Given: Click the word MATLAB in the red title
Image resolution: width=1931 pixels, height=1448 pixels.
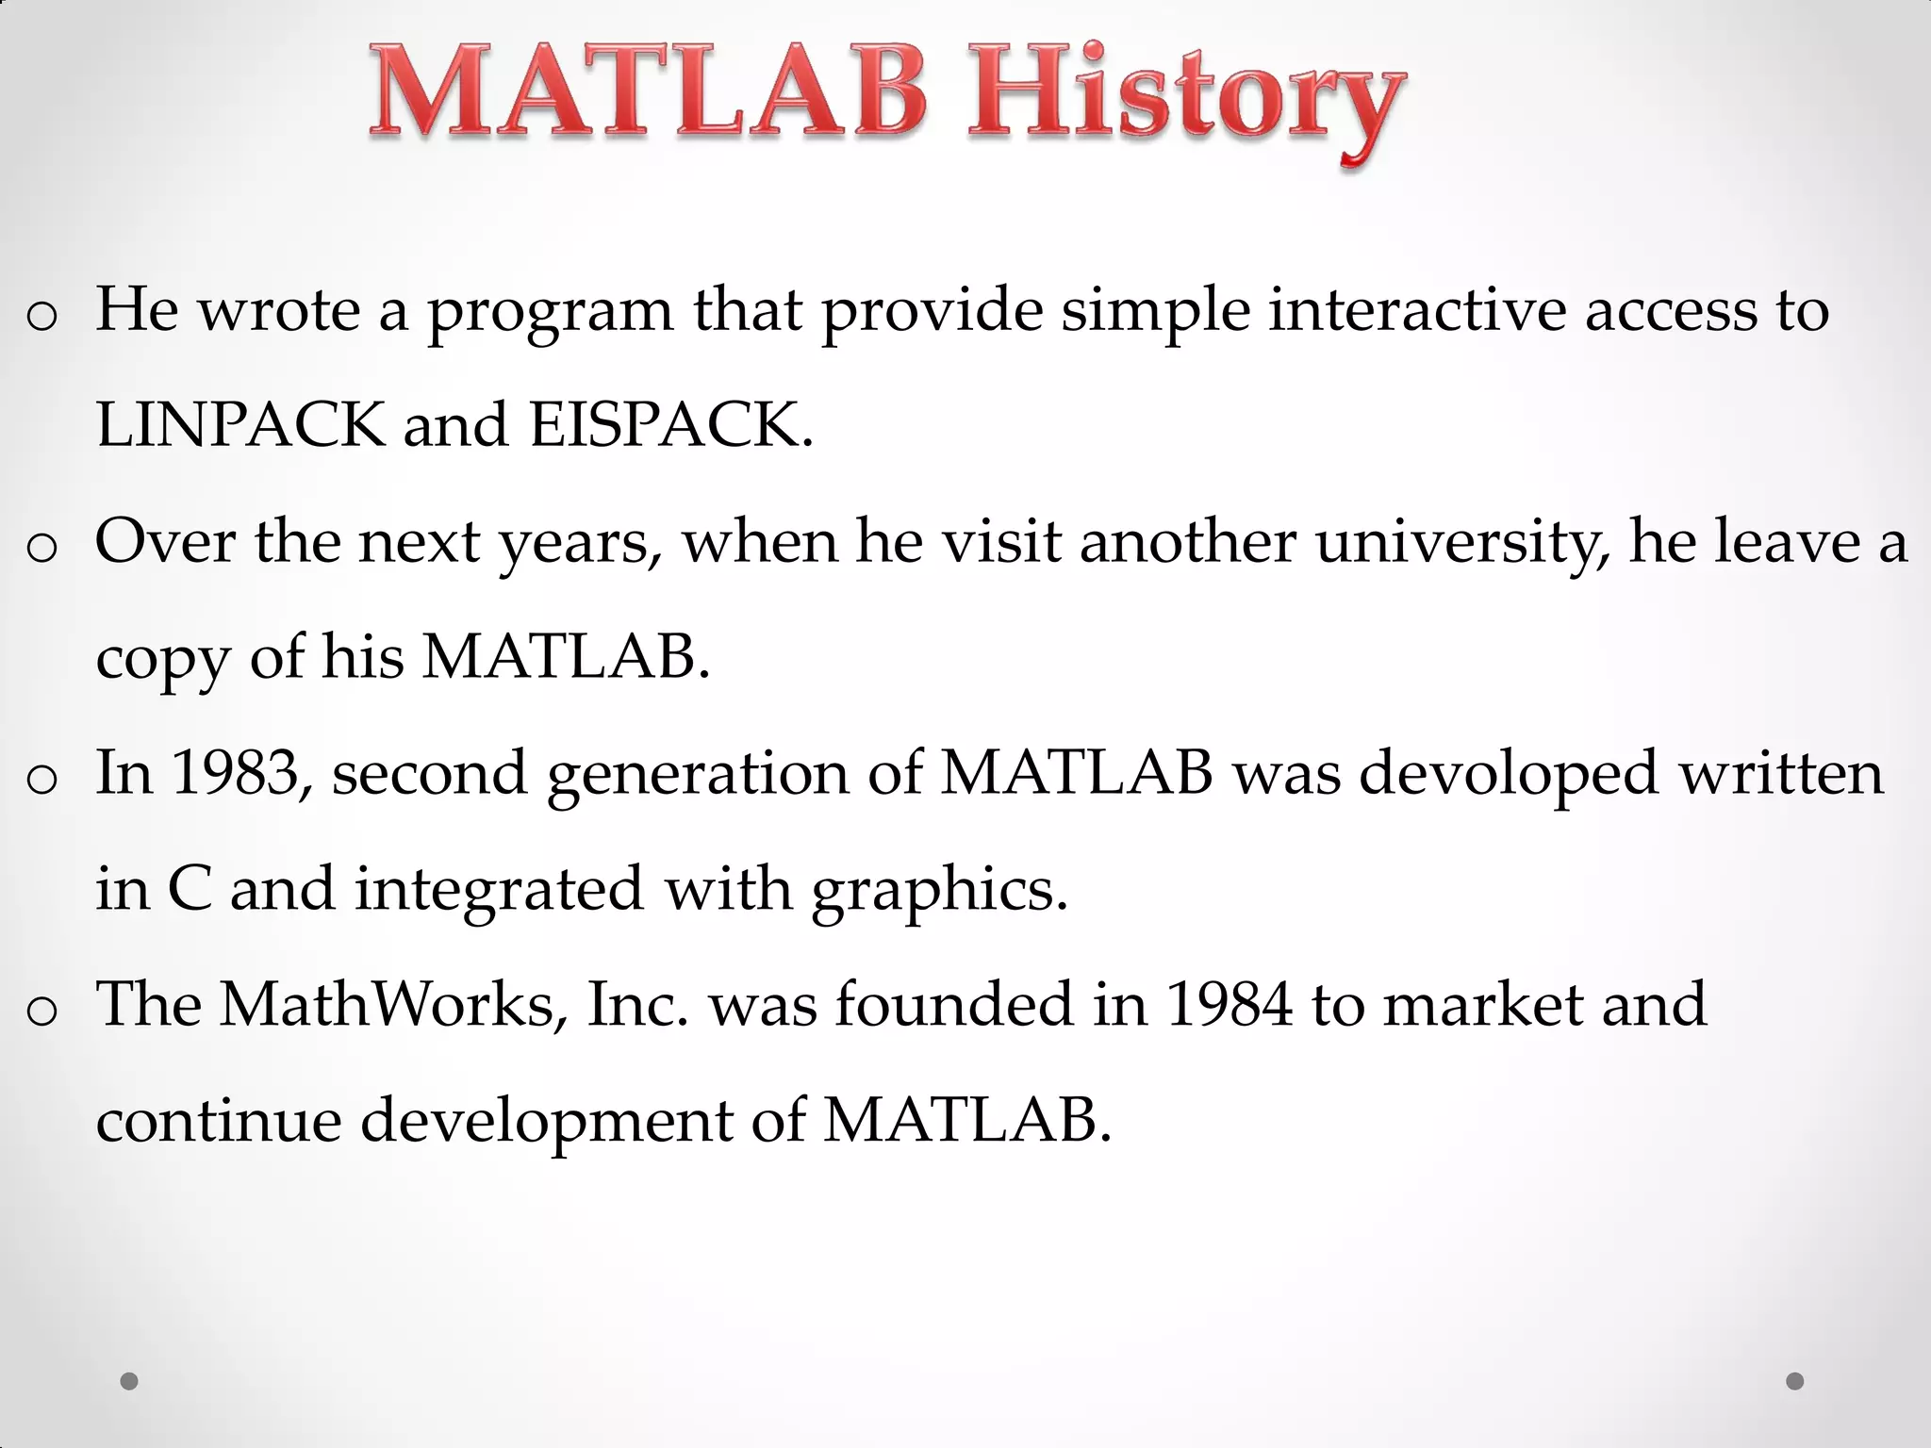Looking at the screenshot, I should click(x=649, y=94).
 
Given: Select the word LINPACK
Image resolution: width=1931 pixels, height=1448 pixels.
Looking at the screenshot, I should click(x=240, y=425).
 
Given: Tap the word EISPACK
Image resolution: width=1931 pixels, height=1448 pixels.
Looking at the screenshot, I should click(x=669, y=425).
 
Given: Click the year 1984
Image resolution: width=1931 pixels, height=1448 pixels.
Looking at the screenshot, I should click(x=1229, y=1004).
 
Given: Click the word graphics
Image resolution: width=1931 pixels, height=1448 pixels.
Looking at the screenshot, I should click(x=939, y=891).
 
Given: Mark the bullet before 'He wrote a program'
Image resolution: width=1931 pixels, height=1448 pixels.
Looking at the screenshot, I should click(x=42, y=317).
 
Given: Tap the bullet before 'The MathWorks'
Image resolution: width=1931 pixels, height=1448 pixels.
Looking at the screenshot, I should click(x=42, y=1012).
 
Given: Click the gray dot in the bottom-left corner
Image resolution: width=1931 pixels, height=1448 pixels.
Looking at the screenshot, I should click(x=130, y=1381).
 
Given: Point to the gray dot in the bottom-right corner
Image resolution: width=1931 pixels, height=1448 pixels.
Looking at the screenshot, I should click(x=1795, y=1381).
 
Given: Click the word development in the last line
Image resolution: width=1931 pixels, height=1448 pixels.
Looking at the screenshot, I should click(x=546, y=1122).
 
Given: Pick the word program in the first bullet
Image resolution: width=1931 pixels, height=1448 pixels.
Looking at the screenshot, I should click(x=551, y=312).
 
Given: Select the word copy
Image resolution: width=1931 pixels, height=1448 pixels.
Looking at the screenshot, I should click(x=162, y=658).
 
